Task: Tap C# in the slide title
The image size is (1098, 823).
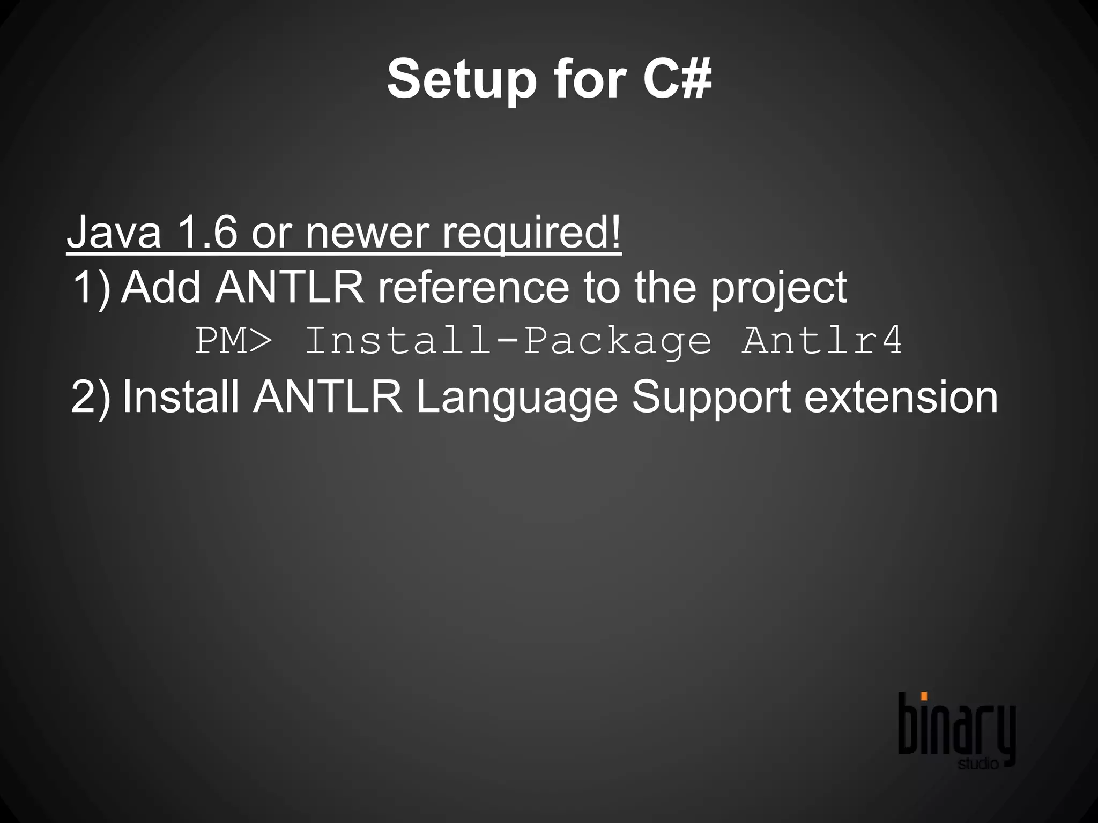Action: (678, 79)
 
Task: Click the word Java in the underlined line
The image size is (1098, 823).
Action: (114, 232)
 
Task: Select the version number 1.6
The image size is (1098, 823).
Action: (207, 232)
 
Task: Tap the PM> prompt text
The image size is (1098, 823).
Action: (234, 340)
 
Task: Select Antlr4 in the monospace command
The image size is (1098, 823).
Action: (822, 340)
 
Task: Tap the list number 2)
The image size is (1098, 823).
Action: (91, 397)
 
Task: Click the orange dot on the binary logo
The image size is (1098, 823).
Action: (924, 697)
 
